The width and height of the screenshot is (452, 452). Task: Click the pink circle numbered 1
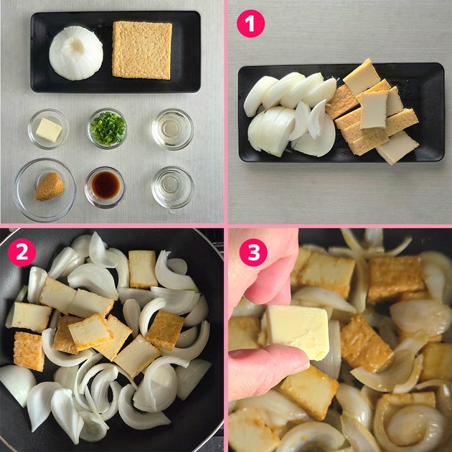[250, 24]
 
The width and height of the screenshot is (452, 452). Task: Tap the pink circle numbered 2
[22, 253]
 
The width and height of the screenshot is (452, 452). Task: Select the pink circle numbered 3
[253, 253]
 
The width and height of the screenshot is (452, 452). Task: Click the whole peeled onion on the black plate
[76, 53]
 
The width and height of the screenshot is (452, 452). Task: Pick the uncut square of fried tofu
[142, 50]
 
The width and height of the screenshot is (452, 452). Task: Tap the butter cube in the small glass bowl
[49, 130]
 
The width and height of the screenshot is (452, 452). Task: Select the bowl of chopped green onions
[107, 128]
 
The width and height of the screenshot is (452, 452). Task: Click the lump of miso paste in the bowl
[50, 187]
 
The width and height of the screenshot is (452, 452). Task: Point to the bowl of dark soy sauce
[105, 187]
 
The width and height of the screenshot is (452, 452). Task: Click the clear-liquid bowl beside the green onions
[172, 129]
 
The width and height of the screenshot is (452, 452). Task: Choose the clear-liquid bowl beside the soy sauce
[172, 187]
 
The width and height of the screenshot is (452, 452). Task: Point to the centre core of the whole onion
[77, 46]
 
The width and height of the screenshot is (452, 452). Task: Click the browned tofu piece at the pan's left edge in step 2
[29, 351]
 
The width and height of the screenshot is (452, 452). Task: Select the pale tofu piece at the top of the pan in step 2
[143, 269]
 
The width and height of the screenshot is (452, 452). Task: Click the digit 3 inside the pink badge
[253, 253]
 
